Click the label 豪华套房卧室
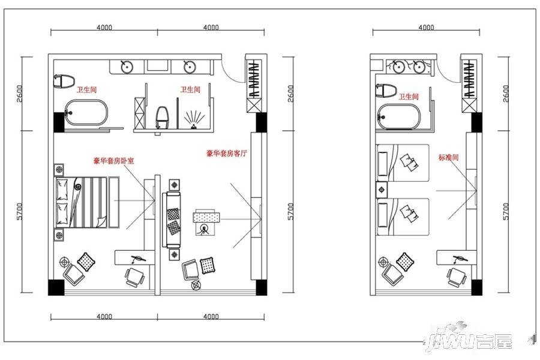[x=113, y=161]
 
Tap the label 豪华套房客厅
[x=227, y=154]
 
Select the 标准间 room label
[x=448, y=157]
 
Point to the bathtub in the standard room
[x=399, y=117]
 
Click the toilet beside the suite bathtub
[x=64, y=81]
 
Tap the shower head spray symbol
[x=194, y=119]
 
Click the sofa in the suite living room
[x=172, y=220]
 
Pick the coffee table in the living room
[x=206, y=217]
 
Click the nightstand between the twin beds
[x=382, y=190]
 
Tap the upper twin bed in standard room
[x=403, y=163]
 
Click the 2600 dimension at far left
[x=20, y=94]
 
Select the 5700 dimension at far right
[x=505, y=211]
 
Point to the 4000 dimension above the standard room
[x=426, y=27]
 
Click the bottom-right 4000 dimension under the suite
[x=211, y=316]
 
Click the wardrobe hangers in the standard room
[x=469, y=80]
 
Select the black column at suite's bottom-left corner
[x=56, y=287]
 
